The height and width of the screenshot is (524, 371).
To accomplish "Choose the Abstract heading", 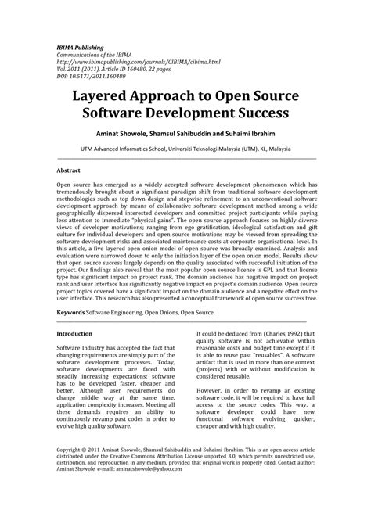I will click(x=70, y=169).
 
